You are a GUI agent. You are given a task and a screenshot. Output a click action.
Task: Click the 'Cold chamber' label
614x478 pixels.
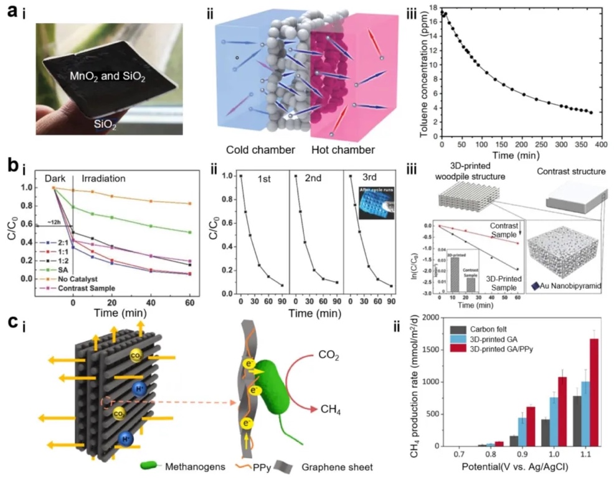coord(257,150)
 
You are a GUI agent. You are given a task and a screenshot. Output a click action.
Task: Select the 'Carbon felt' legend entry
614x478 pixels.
coord(489,329)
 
